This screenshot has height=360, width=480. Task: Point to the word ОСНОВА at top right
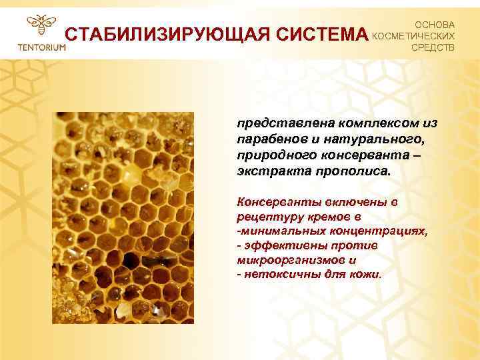click(435, 23)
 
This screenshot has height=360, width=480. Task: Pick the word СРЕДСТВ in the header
click(434, 48)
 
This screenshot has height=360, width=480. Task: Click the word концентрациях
click(374, 231)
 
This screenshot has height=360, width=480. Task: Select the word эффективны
click(278, 245)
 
